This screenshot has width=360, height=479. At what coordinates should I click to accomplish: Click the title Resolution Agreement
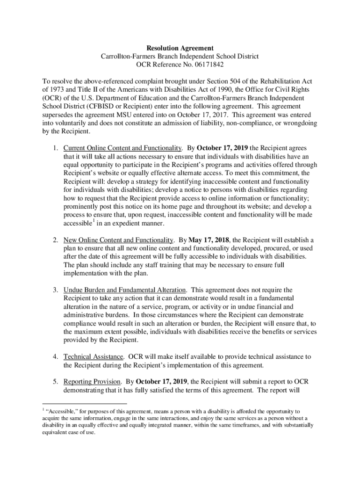(180, 48)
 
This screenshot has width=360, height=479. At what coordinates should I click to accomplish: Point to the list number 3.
(55, 290)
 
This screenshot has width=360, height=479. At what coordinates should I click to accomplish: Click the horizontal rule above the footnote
(84, 403)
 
